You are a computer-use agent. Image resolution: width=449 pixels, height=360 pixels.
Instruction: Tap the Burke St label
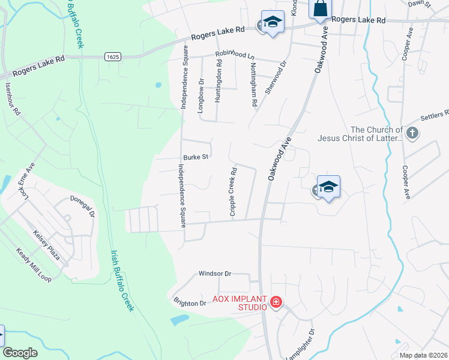196,157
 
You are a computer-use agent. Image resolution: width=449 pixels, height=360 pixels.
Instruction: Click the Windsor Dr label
215,274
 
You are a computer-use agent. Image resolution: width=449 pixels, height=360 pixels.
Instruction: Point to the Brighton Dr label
190,303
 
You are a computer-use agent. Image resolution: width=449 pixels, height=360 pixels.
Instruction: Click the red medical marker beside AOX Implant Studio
276,302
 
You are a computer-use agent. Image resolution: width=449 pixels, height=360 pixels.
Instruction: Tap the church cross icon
412,133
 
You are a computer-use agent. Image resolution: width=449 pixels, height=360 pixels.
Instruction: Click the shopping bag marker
320,8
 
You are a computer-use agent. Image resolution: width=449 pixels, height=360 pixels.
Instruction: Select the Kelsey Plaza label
47,245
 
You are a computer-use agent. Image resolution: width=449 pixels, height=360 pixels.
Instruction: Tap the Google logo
20,353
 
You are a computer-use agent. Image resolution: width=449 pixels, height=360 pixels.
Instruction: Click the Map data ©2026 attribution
423,355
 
